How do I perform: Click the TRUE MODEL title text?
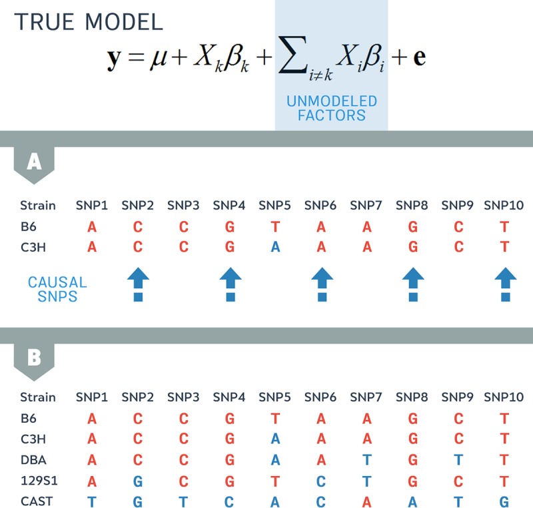pos(89,21)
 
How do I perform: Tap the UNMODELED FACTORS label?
pos(331,109)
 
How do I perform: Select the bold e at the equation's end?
pos(419,57)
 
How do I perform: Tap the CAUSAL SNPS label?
pos(57,290)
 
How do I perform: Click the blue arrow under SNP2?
pos(138,284)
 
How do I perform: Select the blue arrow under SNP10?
pos(504,284)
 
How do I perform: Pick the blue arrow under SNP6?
pos(321,284)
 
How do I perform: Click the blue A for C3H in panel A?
pos(275,247)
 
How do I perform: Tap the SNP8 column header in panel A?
pos(412,205)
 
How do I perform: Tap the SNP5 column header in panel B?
pos(275,397)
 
